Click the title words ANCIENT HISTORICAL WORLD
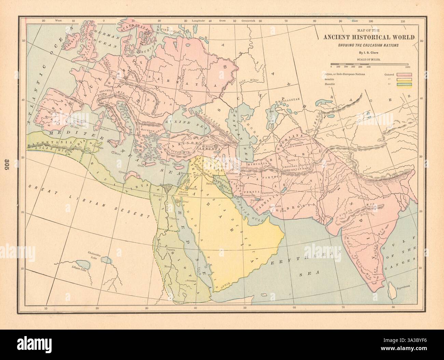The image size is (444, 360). (369, 38)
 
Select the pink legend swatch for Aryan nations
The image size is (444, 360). (404, 74)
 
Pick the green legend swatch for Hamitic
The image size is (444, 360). (404, 84)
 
